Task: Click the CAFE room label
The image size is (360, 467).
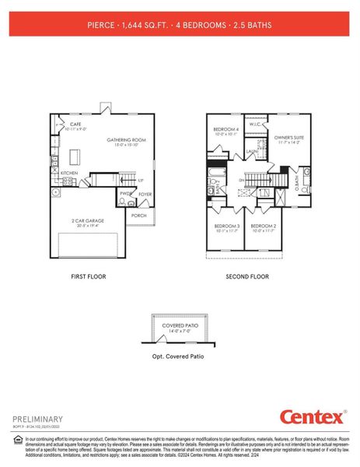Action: (76, 125)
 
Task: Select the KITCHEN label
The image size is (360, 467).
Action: (69, 173)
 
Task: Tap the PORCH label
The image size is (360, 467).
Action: (139, 216)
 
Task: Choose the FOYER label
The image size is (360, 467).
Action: (145, 195)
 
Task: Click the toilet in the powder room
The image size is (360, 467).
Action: (123, 202)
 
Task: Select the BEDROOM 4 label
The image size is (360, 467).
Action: (225, 129)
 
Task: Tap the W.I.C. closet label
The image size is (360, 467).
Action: (255, 124)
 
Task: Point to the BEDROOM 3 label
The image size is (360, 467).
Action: (226, 226)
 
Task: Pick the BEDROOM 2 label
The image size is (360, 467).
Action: (263, 226)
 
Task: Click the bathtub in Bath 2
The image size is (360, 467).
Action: (217, 168)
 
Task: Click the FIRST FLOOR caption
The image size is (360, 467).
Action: (89, 276)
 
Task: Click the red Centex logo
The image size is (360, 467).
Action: (311, 417)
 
